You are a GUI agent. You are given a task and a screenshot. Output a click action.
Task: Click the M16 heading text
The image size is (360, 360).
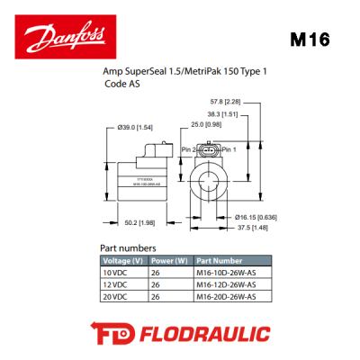tap(310, 41)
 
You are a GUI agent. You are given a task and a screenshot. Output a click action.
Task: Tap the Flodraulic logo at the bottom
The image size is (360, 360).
tap(180, 334)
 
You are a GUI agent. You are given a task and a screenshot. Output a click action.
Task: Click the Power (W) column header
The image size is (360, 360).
tap(168, 262)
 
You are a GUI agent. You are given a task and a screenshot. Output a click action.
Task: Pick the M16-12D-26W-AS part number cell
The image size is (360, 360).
tap(226, 284)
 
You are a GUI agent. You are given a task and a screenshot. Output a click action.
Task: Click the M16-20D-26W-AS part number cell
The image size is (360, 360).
tap(226, 295)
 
